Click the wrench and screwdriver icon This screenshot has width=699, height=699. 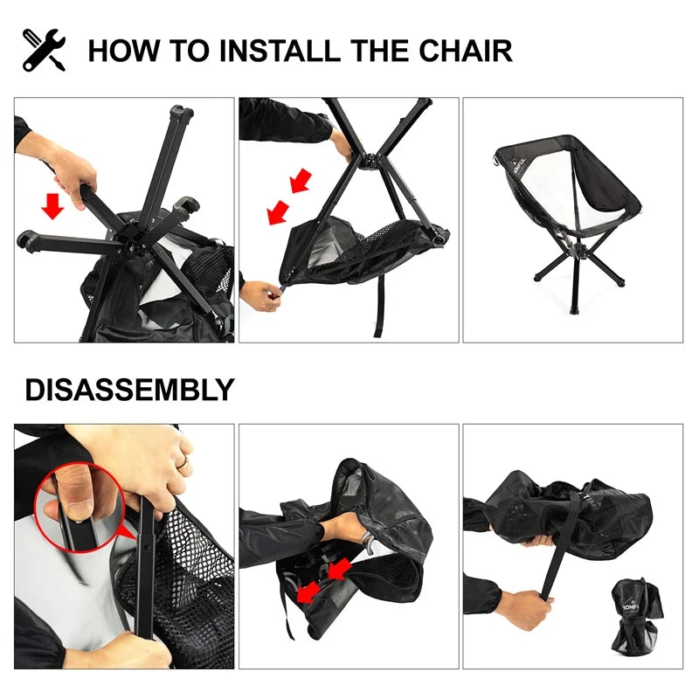point(44,50)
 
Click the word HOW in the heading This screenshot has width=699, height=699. point(123,50)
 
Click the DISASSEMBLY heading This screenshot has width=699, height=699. point(129,390)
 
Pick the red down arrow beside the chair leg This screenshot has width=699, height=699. point(53,205)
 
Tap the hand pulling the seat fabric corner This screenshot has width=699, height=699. point(260,295)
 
